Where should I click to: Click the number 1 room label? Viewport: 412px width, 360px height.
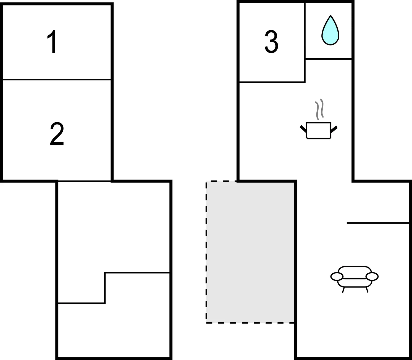click(52, 42)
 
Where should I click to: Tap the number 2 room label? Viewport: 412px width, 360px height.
click(57, 134)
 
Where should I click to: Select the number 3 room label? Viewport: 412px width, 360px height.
click(271, 41)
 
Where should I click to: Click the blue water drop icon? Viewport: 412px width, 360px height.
click(330, 30)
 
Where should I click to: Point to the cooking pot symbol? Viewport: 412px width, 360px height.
click(319, 130)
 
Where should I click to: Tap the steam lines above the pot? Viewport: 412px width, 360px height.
click(319, 109)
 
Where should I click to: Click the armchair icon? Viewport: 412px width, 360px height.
click(355, 279)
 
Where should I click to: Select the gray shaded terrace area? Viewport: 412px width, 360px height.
click(250, 252)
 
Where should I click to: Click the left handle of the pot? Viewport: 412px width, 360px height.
click(303, 129)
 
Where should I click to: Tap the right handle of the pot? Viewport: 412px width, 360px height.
click(334, 129)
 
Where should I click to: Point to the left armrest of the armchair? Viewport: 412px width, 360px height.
click(337, 277)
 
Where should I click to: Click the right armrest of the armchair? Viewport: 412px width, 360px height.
click(372, 277)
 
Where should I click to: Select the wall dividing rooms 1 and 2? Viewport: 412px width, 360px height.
click(57, 80)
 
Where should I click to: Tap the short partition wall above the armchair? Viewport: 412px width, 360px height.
click(378, 223)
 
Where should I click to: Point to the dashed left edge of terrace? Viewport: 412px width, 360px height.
click(206, 252)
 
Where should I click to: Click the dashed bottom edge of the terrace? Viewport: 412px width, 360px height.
click(250, 323)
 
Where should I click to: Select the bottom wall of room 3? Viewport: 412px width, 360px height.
click(272, 82)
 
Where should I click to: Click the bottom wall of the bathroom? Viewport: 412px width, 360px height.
click(329, 59)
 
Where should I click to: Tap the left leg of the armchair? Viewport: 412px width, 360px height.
click(343, 290)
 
